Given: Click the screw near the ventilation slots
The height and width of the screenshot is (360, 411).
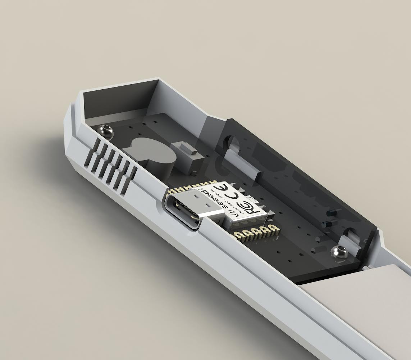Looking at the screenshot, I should [106, 130].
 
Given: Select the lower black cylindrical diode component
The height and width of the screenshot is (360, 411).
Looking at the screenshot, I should [328, 225].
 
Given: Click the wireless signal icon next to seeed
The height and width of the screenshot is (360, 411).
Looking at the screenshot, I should [234, 215].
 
